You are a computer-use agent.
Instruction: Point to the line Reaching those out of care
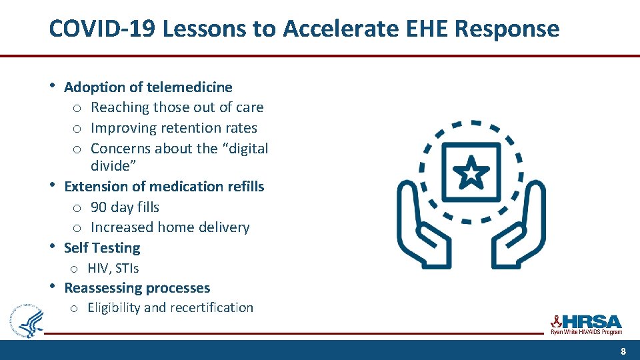click(x=177, y=107)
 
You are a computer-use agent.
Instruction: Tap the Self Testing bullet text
click(x=102, y=248)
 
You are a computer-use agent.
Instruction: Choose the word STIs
click(x=126, y=268)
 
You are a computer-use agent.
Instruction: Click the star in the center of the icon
click(x=471, y=174)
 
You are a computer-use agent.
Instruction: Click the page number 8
click(x=623, y=351)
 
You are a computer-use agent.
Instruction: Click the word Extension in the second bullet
click(x=95, y=187)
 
